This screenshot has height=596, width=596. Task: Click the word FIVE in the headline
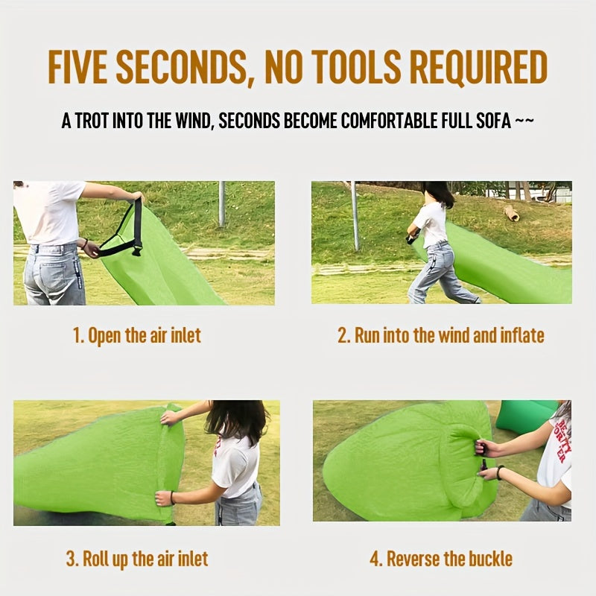(77, 67)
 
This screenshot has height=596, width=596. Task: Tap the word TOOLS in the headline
(358, 67)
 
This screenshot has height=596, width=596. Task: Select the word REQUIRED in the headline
(478, 67)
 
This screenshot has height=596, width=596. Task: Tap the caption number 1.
(77, 336)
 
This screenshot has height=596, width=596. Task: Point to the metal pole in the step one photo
(221, 204)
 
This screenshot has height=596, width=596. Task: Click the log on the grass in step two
(511, 212)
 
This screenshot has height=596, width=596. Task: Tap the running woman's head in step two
(438, 192)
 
